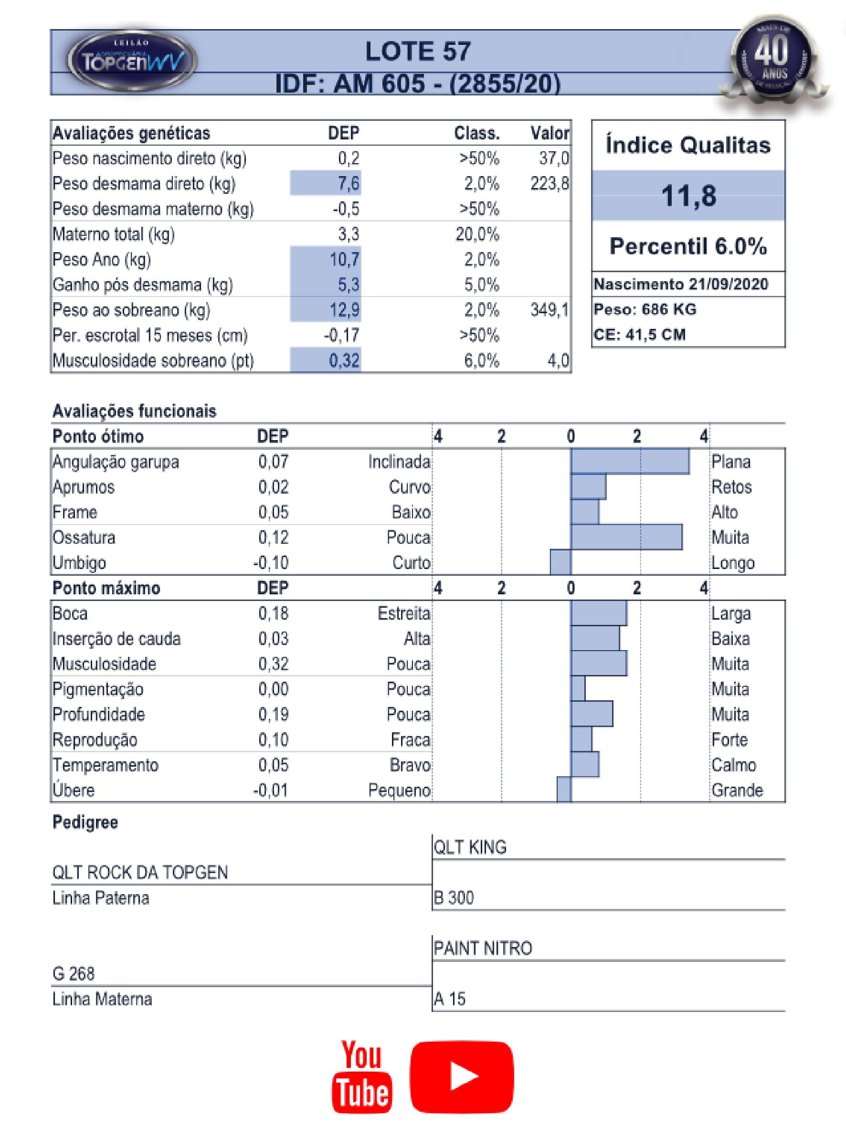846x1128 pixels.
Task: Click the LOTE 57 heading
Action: [418, 52]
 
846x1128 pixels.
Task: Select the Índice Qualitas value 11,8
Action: [688, 196]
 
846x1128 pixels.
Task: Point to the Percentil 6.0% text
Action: [688, 246]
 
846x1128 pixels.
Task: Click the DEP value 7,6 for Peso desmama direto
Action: [349, 184]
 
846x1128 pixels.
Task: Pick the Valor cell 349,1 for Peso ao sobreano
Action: [549, 310]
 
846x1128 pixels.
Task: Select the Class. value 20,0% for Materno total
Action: [477, 234]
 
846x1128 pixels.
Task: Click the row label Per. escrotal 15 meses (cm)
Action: [150, 336]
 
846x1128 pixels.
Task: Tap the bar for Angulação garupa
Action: [630, 462]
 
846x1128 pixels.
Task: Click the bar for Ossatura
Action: [626, 538]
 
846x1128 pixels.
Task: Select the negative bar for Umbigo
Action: [560, 562]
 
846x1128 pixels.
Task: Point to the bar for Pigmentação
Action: [578, 689]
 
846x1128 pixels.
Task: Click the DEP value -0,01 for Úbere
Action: [271, 791]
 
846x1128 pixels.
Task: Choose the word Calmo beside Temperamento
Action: [733, 765]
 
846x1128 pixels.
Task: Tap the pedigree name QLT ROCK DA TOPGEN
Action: [140, 873]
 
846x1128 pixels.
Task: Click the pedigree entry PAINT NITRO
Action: [482, 949]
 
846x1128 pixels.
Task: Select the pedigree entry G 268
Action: [74, 974]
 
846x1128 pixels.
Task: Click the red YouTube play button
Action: [462, 1076]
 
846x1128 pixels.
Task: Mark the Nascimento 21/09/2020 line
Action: [681, 284]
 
